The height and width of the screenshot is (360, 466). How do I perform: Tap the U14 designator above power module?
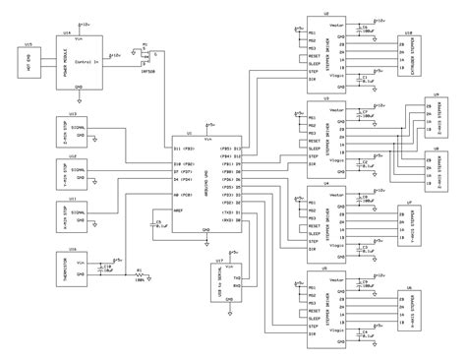pos(67,32)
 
